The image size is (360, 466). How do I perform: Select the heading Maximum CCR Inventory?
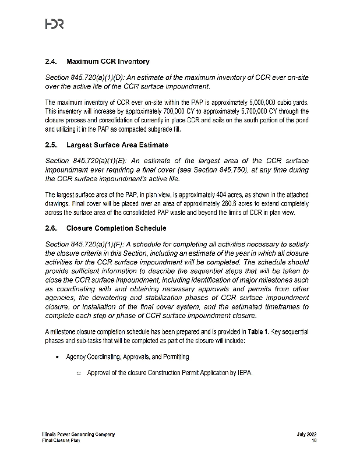pyautogui.click(x=108, y=61)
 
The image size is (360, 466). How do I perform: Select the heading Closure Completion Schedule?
pyautogui.click(x=116, y=228)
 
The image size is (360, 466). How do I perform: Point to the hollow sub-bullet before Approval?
pyautogui.click(x=78, y=373)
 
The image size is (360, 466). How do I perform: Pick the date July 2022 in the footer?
pyautogui.click(x=306, y=435)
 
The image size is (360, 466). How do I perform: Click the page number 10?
pyautogui.click(x=313, y=441)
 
